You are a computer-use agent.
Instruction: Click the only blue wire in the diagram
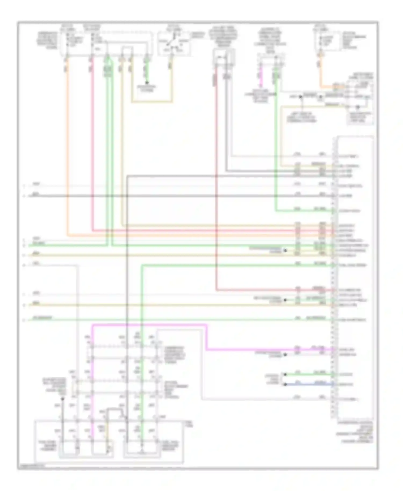click(309, 384)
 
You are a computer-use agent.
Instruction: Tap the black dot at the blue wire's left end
click(285, 384)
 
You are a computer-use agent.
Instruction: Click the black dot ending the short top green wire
click(147, 82)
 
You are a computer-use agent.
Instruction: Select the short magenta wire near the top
click(260, 71)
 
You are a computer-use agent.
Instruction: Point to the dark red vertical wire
click(216, 188)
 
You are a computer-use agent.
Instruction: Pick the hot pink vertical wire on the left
click(92, 148)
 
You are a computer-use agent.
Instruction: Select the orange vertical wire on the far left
click(67, 148)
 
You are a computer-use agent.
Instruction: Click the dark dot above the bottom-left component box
click(63, 399)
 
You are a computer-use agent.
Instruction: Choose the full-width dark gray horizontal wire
click(161, 196)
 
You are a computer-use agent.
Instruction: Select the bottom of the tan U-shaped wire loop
click(152, 102)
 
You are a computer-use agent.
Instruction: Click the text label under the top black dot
click(147, 89)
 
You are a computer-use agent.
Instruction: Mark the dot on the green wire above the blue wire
click(285, 374)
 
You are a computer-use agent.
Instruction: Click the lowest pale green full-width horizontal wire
click(161, 320)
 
